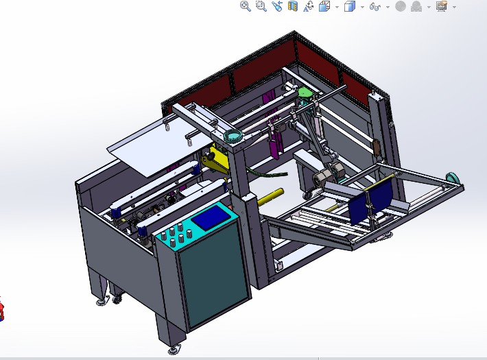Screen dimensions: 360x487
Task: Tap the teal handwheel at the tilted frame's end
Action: tap(452, 178)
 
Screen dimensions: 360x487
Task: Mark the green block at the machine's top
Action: tap(304, 93)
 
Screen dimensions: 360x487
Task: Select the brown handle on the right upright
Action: tap(377, 146)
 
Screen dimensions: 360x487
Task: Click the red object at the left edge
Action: tap(2, 310)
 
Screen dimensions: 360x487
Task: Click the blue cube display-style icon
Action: tap(349, 6)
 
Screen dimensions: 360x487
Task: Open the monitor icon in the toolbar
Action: tap(441, 6)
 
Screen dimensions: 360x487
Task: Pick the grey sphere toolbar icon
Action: tap(401, 6)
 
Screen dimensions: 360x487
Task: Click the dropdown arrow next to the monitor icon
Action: tap(453, 7)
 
